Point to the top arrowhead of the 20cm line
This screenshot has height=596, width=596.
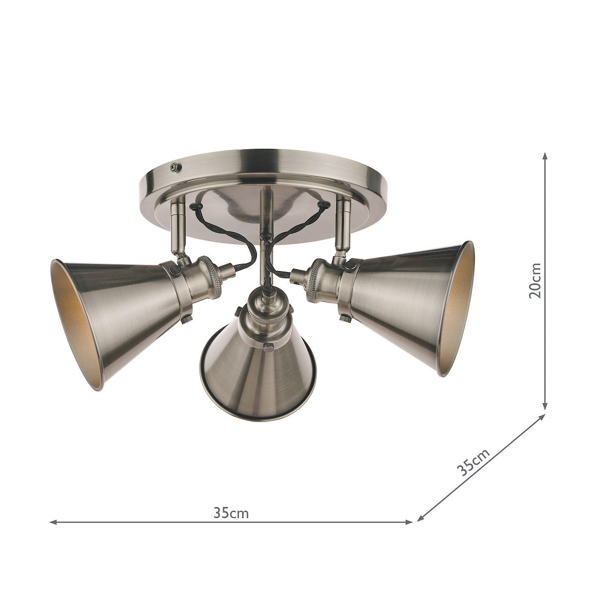546,155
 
